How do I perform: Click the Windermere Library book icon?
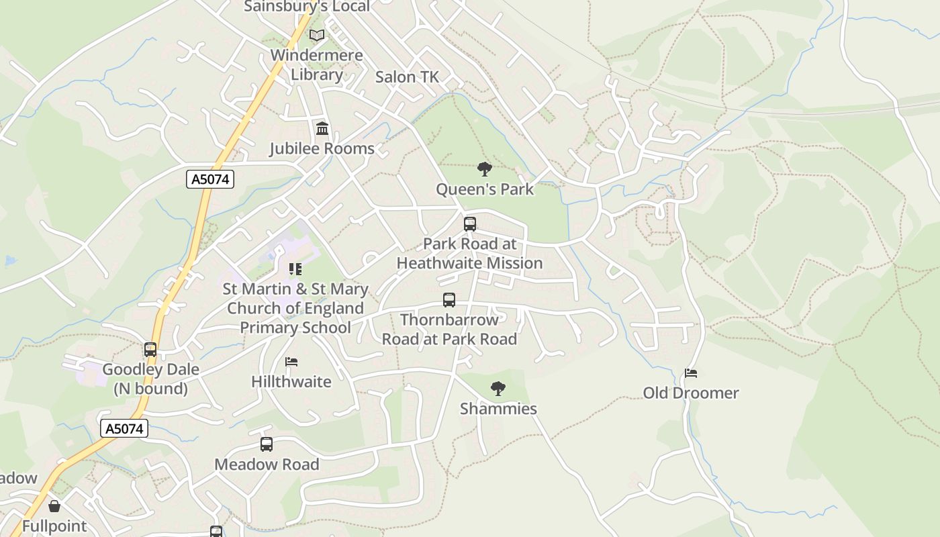pyautogui.click(x=316, y=35)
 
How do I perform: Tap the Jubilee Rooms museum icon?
pyautogui.click(x=322, y=128)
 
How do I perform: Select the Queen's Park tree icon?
pyautogui.click(x=484, y=168)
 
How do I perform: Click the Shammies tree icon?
pyautogui.click(x=498, y=388)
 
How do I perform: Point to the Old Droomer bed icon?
pyautogui.click(x=691, y=373)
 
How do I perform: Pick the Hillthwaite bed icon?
pyautogui.click(x=291, y=362)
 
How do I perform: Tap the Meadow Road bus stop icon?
pyautogui.click(x=267, y=444)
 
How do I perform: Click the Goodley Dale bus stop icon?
pyautogui.click(x=150, y=349)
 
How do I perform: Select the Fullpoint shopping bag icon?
pyautogui.click(x=54, y=505)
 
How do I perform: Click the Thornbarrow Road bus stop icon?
pyautogui.click(x=449, y=300)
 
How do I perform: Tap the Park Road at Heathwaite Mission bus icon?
pyautogui.click(x=470, y=224)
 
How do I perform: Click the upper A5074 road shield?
pyautogui.click(x=210, y=179)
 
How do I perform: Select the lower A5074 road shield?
pyautogui.click(x=124, y=428)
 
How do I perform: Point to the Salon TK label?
pyautogui.click(x=407, y=77)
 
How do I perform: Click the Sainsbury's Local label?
pyautogui.click(x=307, y=7)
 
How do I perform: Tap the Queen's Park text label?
pyautogui.click(x=485, y=189)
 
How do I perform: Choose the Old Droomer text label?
pyautogui.click(x=691, y=393)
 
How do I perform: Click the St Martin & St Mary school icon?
pyautogui.click(x=295, y=269)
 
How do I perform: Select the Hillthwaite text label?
pyautogui.click(x=291, y=381)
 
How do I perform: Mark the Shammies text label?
pyautogui.click(x=498, y=408)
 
